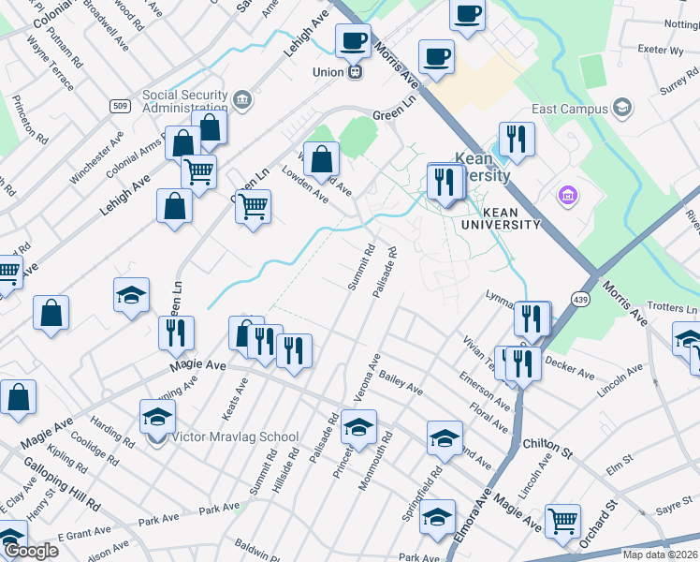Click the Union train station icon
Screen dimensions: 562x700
pyautogui.click(x=355, y=72)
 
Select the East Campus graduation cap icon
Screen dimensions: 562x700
pyautogui.click(x=621, y=109)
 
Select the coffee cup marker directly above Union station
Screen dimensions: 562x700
pyautogui.click(x=354, y=40)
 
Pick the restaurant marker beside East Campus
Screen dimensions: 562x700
pyautogui.click(x=517, y=140)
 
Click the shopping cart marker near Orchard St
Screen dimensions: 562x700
pyautogui.click(x=562, y=520)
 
